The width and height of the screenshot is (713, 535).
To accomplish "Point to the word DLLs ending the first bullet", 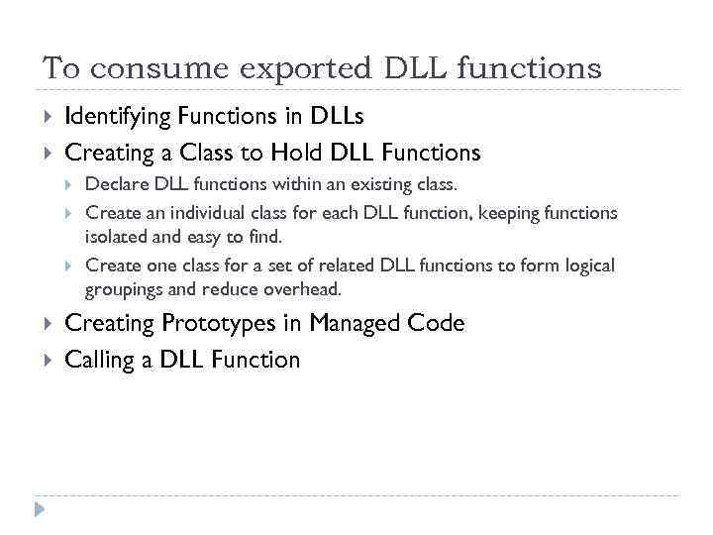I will pyautogui.click(x=338, y=117).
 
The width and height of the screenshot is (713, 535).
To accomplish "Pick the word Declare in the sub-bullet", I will pyautogui.click(x=115, y=185).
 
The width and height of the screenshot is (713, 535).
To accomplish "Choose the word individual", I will pyautogui.click(x=196, y=213).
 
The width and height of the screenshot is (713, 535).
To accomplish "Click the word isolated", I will pyautogui.click(x=116, y=237).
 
